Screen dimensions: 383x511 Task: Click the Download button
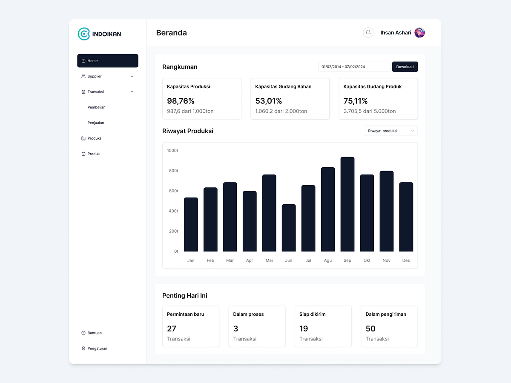405,67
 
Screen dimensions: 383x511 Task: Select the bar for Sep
347,204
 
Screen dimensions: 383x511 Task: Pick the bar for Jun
289,228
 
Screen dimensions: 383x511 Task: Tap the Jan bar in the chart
191,225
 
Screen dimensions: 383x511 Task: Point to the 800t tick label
173,171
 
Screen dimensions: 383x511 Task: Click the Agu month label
328,260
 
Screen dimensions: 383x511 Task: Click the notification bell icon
368,33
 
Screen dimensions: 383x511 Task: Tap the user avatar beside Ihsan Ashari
419,33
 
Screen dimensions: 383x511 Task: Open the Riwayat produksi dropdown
391,131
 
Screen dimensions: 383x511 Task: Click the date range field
354,67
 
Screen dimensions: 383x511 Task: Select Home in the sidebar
108,61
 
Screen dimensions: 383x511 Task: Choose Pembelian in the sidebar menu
96,107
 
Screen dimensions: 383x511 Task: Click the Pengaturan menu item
97,349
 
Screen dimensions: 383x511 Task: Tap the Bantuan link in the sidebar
95,333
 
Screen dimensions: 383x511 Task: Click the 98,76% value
181,101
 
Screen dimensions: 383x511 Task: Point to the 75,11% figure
356,101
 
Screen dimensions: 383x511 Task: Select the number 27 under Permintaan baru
172,329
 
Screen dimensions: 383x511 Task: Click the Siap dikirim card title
312,314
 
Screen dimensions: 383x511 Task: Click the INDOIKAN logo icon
84,34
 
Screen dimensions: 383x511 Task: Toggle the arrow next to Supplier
132,77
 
